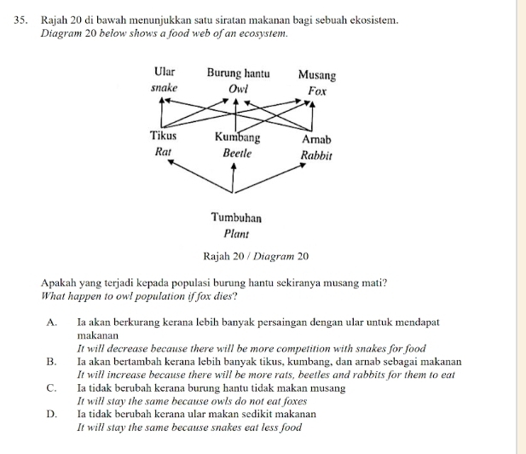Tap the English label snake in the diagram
click(164, 88)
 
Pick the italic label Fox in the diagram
click(317, 90)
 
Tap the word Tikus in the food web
click(163, 136)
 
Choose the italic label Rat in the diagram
click(163, 151)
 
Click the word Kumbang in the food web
click(238, 137)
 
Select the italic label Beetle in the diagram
click(238, 153)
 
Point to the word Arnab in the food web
click(316, 138)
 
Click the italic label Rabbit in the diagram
click(316, 155)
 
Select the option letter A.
click(54, 323)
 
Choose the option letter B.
click(54, 362)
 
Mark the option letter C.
click(54, 388)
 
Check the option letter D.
click(54, 414)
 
